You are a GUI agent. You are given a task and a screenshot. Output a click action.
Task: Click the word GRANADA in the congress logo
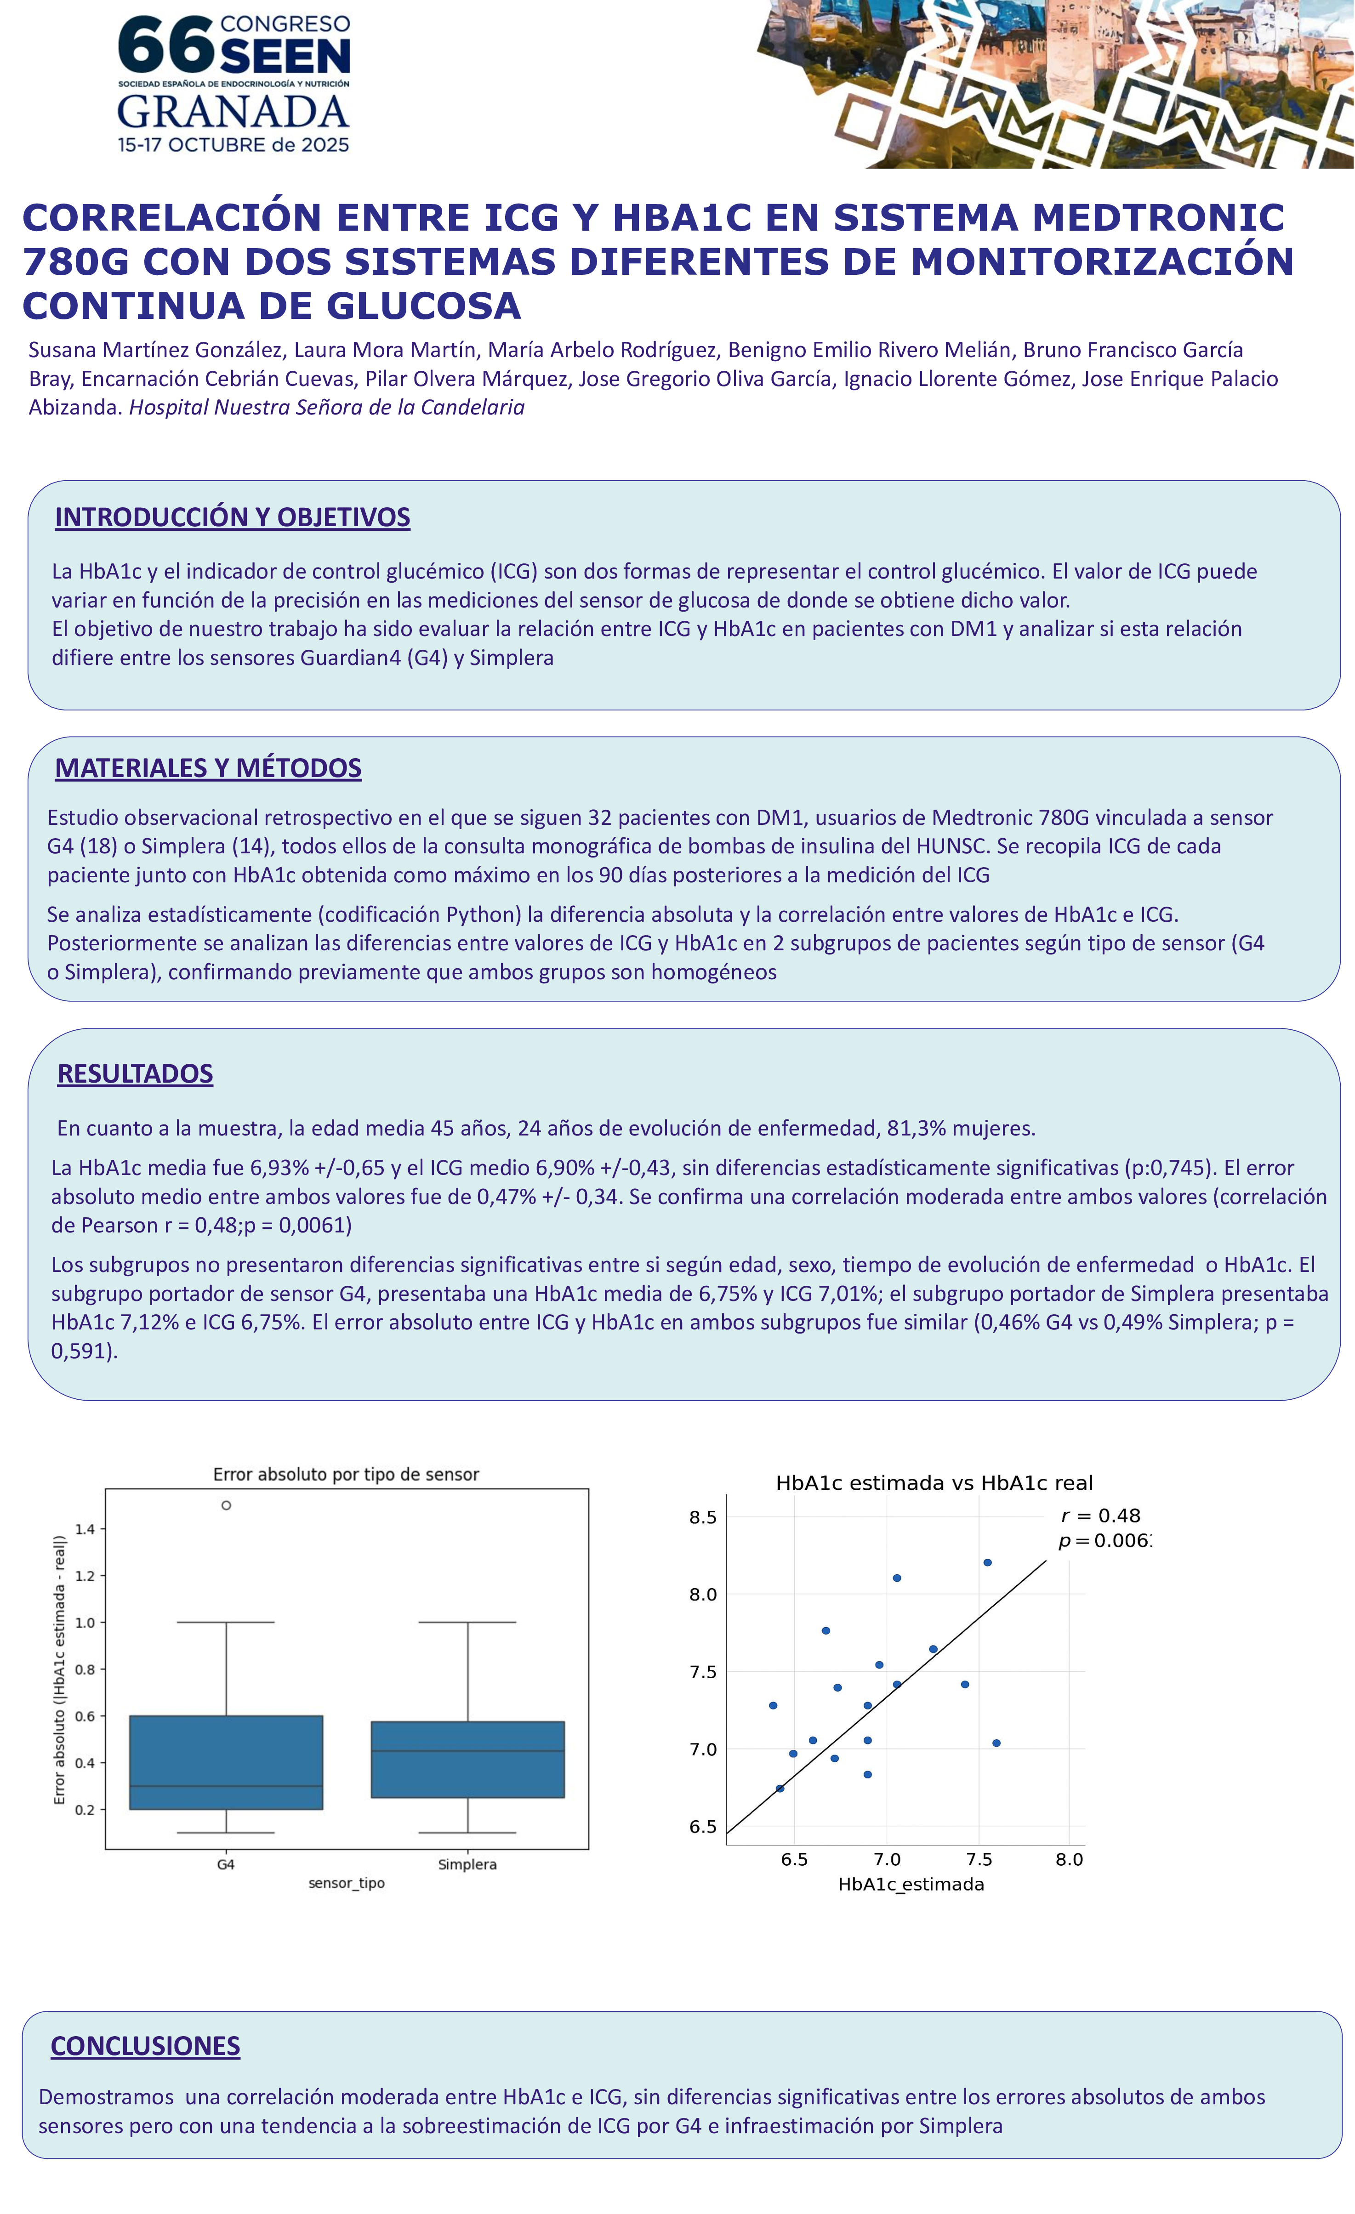point(233,111)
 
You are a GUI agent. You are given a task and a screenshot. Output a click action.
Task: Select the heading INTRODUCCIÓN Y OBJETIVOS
point(233,517)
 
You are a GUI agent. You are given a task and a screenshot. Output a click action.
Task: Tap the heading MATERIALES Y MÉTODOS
point(209,768)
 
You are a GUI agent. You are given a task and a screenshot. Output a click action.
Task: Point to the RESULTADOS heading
point(135,1074)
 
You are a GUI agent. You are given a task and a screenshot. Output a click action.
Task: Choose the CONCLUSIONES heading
point(146,2046)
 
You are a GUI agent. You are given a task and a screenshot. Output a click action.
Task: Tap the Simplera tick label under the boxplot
point(467,1864)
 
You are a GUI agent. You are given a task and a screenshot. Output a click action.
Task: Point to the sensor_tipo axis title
point(347,1883)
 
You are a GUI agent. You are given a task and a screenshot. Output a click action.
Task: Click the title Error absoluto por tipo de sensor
point(346,1475)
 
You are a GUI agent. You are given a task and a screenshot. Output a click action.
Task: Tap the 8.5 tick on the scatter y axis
point(703,1518)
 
